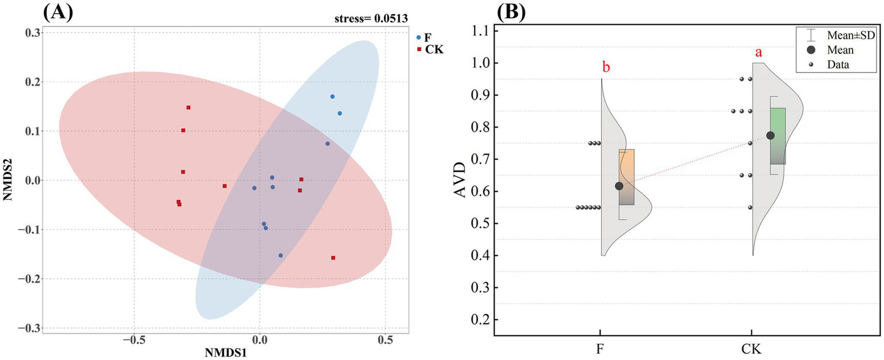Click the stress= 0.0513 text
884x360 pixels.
[371, 18]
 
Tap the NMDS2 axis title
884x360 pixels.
[7, 180]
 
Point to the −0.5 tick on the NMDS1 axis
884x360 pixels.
[134, 341]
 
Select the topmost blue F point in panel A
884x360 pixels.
[332, 97]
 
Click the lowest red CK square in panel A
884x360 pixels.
[333, 258]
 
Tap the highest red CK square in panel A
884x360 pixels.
[188, 108]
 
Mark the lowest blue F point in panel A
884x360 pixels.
[280, 255]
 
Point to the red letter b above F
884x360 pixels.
[606, 67]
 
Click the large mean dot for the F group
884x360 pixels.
[619, 185]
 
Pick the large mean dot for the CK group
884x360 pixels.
[771, 135]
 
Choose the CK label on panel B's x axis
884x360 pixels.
[752, 349]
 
